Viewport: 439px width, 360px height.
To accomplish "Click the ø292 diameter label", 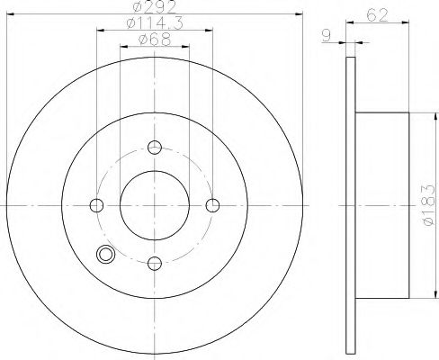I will [x=155, y=8].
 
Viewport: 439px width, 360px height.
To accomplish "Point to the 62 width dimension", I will [x=378, y=13].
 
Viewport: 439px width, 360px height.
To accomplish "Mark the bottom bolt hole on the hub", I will [x=155, y=262].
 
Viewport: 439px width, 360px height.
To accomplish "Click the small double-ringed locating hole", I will [x=107, y=256].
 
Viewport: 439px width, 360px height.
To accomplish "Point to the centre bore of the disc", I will [x=155, y=205].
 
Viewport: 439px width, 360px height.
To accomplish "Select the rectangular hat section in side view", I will [x=382, y=205].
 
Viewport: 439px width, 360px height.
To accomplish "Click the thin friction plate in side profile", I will [x=350, y=205].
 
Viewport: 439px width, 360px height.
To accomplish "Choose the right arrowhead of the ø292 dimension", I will [x=300, y=15].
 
